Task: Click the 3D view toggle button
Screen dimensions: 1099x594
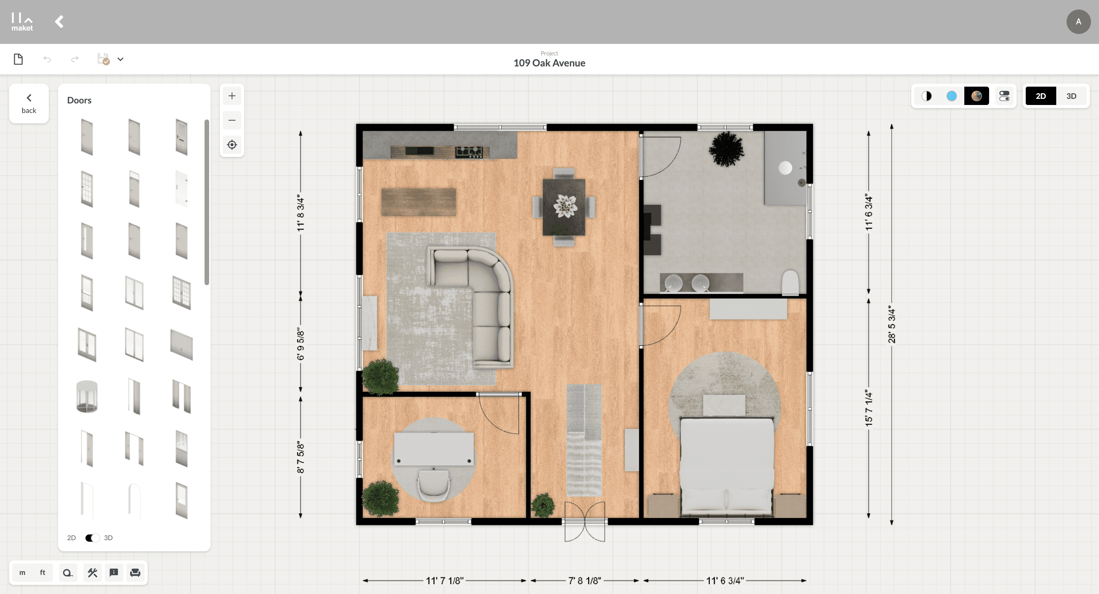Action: click(x=1071, y=96)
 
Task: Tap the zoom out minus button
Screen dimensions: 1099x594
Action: click(x=232, y=120)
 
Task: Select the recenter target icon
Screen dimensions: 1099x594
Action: click(x=232, y=145)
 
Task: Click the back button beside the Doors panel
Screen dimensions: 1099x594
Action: click(x=29, y=104)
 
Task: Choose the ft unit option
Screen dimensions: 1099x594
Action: click(x=43, y=573)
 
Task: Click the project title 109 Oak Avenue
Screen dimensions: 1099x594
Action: click(x=549, y=63)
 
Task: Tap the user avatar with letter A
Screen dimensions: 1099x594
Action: click(x=1078, y=22)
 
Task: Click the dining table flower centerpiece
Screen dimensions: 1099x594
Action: click(x=565, y=206)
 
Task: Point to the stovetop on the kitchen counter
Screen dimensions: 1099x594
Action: click(x=469, y=152)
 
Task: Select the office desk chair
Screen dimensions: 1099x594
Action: click(x=433, y=485)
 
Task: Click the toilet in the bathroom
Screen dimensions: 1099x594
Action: click(x=790, y=282)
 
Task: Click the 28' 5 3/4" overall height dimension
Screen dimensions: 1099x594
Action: click(x=892, y=324)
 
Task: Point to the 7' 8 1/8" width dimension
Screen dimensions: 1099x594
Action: click(x=585, y=581)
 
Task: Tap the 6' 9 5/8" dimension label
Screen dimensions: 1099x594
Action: click(x=301, y=345)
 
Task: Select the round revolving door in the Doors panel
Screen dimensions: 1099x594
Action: click(x=87, y=396)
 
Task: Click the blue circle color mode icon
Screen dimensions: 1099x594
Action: click(x=951, y=96)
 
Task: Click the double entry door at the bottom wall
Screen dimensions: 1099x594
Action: click(x=585, y=521)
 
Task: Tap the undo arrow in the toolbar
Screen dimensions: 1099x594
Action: click(x=47, y=59)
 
